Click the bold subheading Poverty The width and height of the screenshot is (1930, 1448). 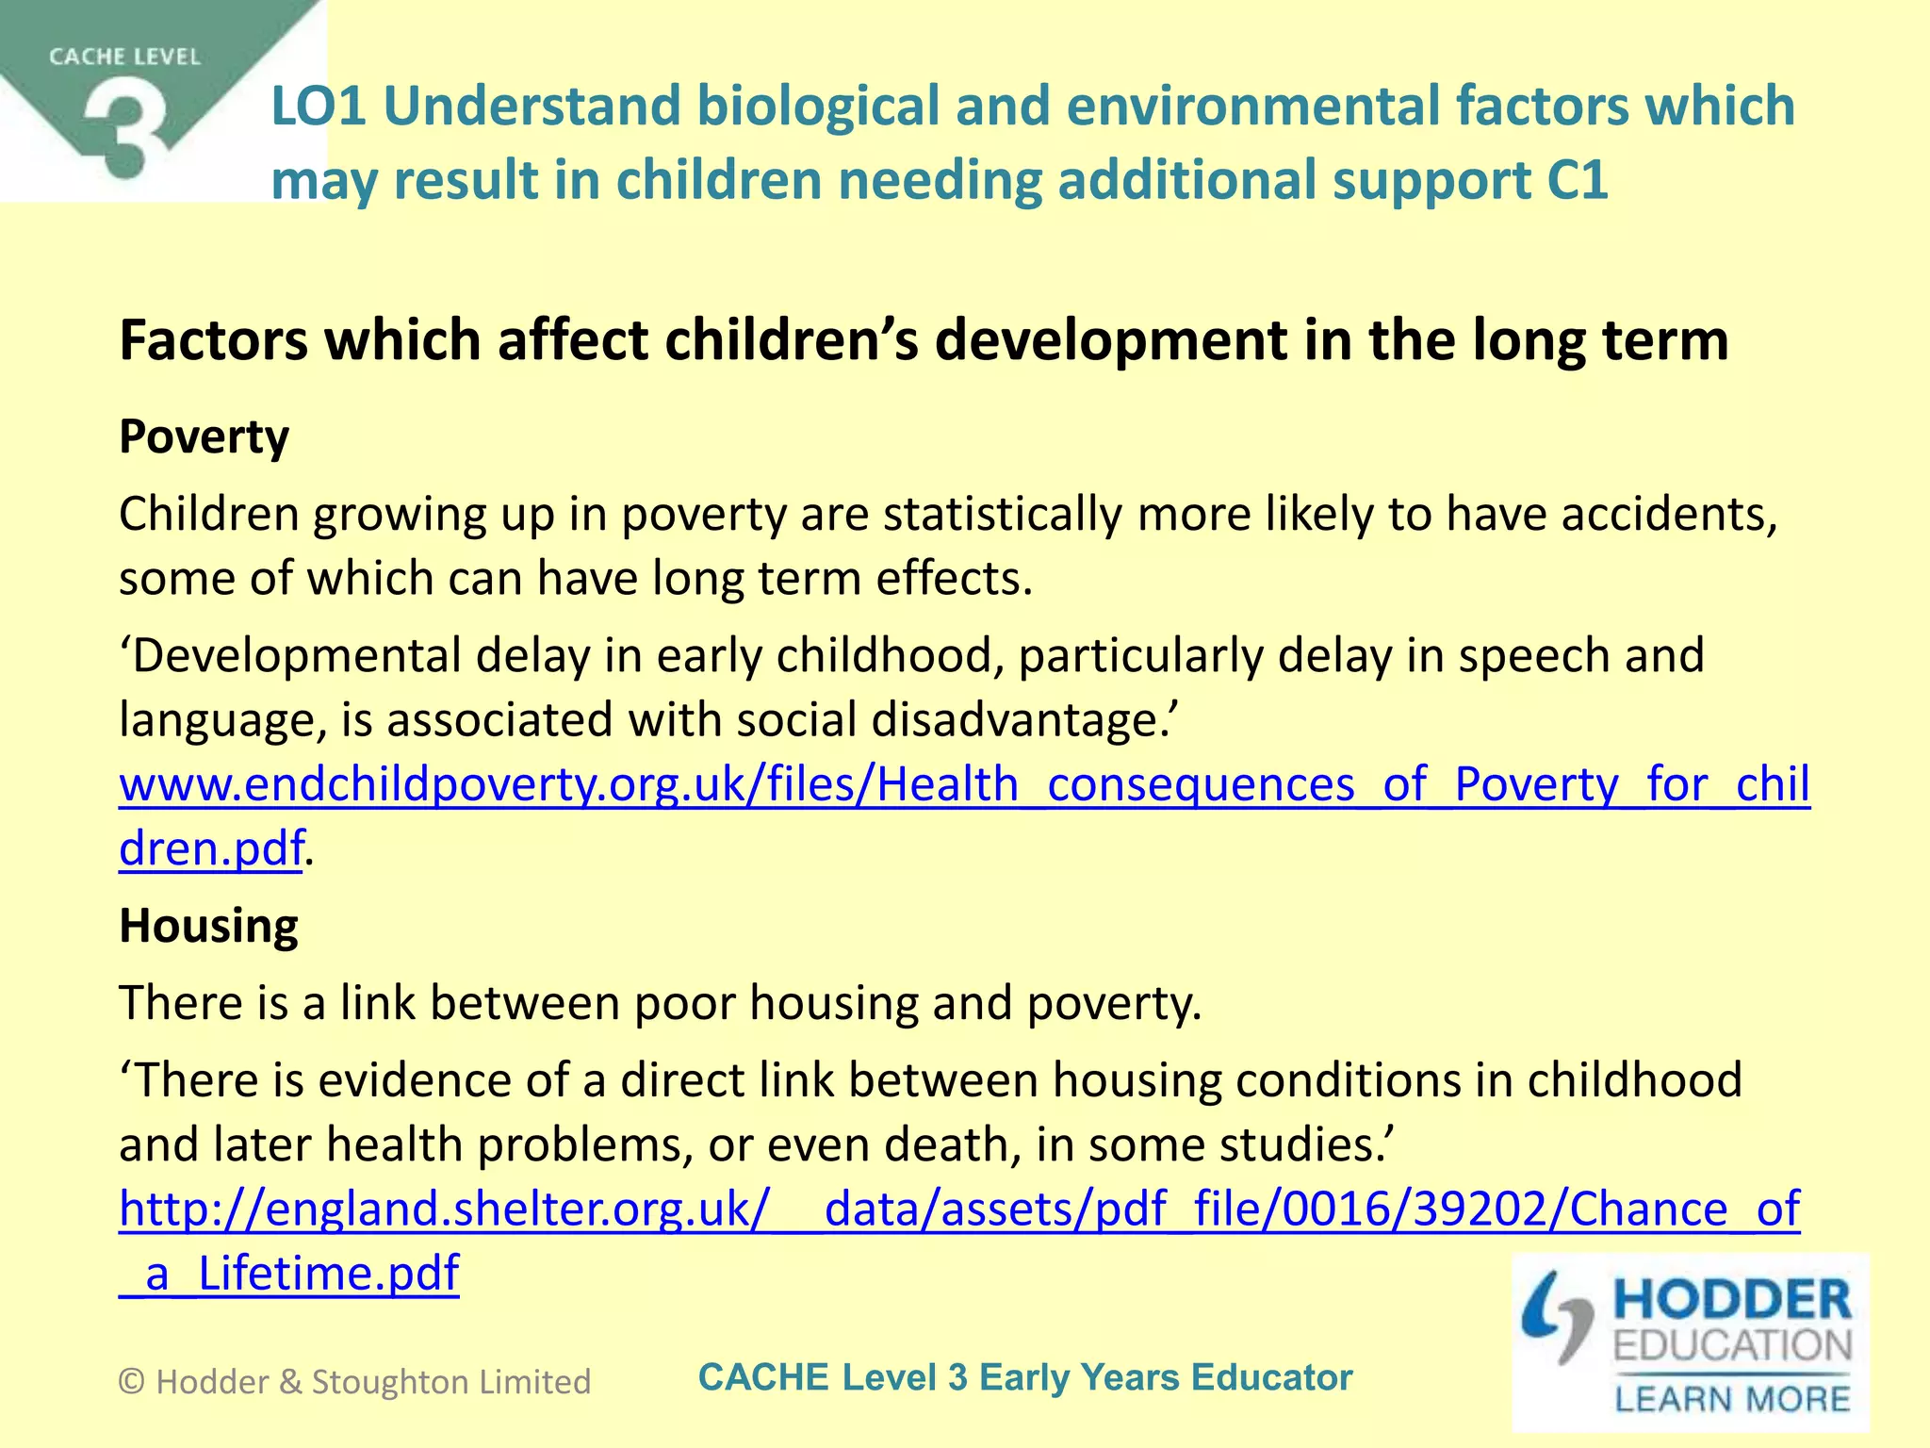tap(204, 436)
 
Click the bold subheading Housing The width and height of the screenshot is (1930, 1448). tap(208, 925)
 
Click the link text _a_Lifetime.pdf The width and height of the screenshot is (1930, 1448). tap(288, 1273)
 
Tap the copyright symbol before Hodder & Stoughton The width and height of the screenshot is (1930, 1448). tap(132, 1382)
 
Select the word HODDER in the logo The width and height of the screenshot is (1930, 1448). tap(1732, 1300)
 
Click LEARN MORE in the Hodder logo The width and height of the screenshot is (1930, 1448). tap(1732, 1399)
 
